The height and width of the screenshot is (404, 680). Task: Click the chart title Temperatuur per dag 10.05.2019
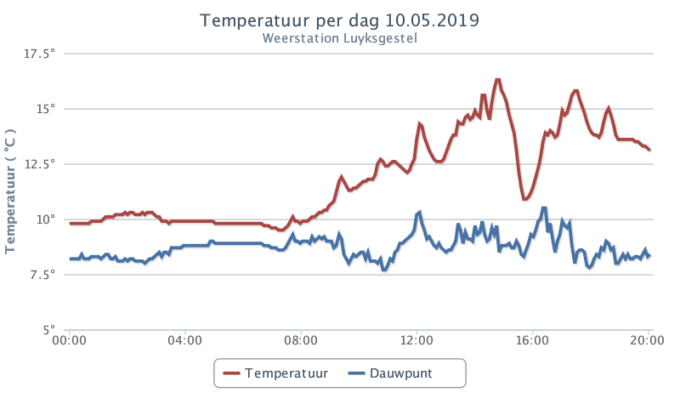[x=339, y=20]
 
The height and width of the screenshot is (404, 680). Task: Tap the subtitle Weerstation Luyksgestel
[x=339, y=38]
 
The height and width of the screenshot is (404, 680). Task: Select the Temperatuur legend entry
[x=275, y=373]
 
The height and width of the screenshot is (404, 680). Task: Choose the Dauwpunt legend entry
[x=390, y=373]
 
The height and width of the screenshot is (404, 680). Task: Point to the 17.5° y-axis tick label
[x=39, y=54]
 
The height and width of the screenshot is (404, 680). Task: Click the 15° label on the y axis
[x=46, y=109]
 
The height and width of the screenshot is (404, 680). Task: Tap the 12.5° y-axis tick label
[x=39, y=164]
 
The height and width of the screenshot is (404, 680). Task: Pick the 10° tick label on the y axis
[x=46, y=219]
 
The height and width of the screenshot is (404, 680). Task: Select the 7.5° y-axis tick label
[x=42, y=275]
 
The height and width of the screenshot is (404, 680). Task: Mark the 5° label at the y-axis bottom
[x=49, y=330]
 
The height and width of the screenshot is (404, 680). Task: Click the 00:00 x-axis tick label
[x=70, y=340]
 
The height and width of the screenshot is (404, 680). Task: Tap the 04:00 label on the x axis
[x=185, y=340]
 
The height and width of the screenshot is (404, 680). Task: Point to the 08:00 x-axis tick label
[x=301, y=340]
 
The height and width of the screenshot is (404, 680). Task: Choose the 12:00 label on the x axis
[x=416, y=340]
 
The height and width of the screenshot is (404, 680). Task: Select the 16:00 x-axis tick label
[x=533, y=340]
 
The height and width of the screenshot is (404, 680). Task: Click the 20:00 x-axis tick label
[x=648, y=340]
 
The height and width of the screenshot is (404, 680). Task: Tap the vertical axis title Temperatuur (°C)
[x=10, y=191]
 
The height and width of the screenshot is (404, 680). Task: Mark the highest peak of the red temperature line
[x=497, y=80]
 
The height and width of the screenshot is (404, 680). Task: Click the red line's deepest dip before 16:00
[x=525, y=199]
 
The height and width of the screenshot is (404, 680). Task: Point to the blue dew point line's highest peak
[x=544, y=208]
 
